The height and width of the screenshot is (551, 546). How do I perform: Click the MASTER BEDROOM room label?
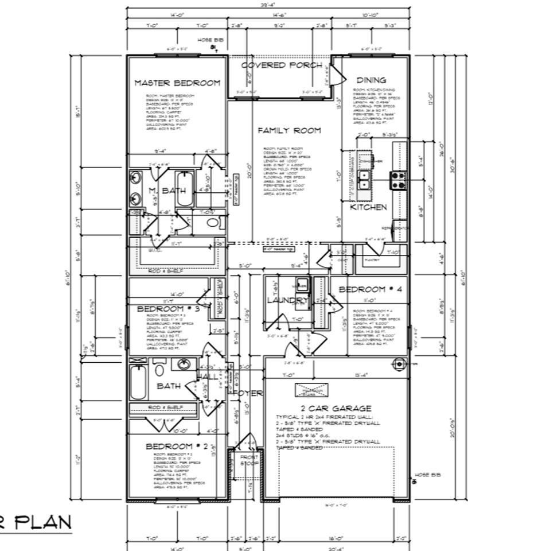177,83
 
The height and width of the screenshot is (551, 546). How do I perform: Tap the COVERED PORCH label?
281,65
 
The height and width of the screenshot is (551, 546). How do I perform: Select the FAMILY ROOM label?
289,131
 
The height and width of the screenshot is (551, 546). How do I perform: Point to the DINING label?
371,80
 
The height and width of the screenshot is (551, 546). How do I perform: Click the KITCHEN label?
369,207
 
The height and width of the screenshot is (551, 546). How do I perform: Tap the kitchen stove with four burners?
398,180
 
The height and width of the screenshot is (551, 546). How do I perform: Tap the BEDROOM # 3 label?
168,309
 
